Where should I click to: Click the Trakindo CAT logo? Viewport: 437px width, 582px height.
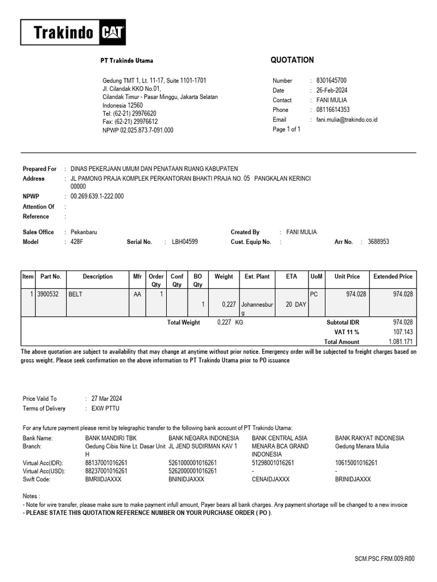(x=73, y=32)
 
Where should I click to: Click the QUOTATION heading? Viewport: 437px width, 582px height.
(x=292, y=60)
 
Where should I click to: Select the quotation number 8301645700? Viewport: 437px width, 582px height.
(x=331, y=81)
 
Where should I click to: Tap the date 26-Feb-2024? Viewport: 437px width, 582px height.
(x=332, y=90)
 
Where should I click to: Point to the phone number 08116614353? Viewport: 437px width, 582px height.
(x=333, y=110)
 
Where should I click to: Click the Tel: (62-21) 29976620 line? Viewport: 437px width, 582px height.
(x=129, y=114)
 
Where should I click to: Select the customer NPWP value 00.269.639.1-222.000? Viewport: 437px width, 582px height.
(x=97, y=197)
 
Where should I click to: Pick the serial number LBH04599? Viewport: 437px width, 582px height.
(x=185, y=242)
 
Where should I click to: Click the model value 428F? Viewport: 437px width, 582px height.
(x=77, y=242)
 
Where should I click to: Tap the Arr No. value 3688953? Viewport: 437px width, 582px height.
(x=378, y=242)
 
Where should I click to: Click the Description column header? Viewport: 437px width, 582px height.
(x=98, y=277)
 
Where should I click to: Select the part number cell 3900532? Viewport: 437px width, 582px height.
(x=49, y=294)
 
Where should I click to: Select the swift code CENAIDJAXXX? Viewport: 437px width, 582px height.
(x=270, y=479)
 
